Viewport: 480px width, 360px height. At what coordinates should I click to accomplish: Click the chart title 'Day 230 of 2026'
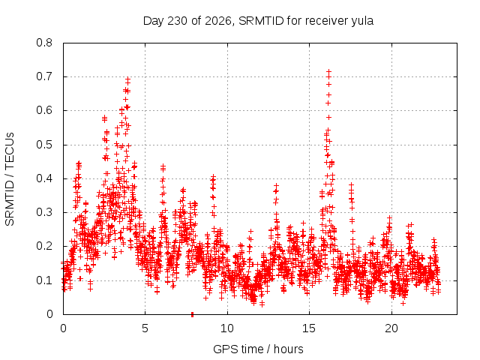[x=187, y=21]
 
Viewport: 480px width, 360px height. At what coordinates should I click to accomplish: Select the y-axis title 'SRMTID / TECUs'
[x=10, y=179]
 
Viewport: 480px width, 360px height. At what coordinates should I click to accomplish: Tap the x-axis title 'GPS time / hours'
[x=258, y=349]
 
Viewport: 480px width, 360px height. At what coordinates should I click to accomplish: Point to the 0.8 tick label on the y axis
[x=44, y=43]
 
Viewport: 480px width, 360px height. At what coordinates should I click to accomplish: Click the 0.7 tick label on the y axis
[x=44, y=76]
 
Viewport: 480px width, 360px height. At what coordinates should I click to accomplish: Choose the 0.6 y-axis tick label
[x=44, y=110]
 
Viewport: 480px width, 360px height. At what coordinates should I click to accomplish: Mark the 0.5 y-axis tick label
[x=44, y=145]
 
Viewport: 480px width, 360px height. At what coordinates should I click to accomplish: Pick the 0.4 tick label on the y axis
[x=44, y=178]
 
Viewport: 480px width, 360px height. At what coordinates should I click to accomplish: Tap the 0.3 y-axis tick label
[x=44, y=212]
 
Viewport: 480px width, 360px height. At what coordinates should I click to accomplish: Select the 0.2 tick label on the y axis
[x=44, y=246]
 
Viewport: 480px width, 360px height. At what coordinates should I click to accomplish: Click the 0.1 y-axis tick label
[x=44, y=280]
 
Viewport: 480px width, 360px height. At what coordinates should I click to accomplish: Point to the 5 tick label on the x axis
[x=145, y=328]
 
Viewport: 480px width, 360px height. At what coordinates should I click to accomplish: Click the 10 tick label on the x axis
[x=227, y=328]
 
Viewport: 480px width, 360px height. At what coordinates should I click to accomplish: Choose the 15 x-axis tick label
[x=309, y=328]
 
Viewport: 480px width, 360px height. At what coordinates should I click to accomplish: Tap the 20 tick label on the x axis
[x=391, y=328]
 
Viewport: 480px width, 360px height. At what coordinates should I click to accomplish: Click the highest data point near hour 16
[x=329, y=72]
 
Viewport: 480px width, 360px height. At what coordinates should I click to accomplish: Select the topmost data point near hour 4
[x=128, y=79]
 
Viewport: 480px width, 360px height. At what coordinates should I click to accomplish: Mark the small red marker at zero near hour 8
[x=192, y=314]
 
